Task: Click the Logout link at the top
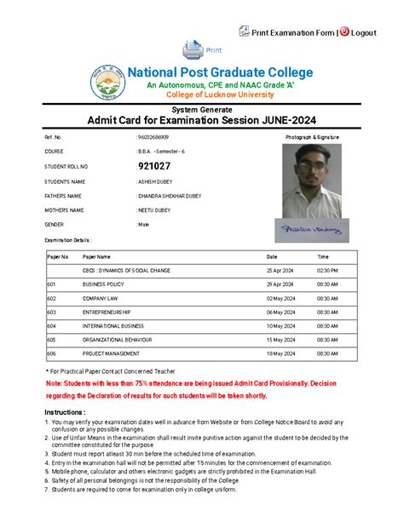(x=362, y=32)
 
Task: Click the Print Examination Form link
(x=289, y=32)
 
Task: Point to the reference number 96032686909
(x=153, y=136)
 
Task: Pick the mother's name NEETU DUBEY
(x=155, y=209)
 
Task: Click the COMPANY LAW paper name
(x=101, y=298)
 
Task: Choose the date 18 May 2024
(x=280, y=353)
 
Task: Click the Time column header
(x=323, y=256)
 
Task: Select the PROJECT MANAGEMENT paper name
(x=110, y=353)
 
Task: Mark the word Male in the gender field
(x=144, y=224)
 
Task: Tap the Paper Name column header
(x=96, y=256)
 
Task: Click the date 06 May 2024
(x=280, y=313)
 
